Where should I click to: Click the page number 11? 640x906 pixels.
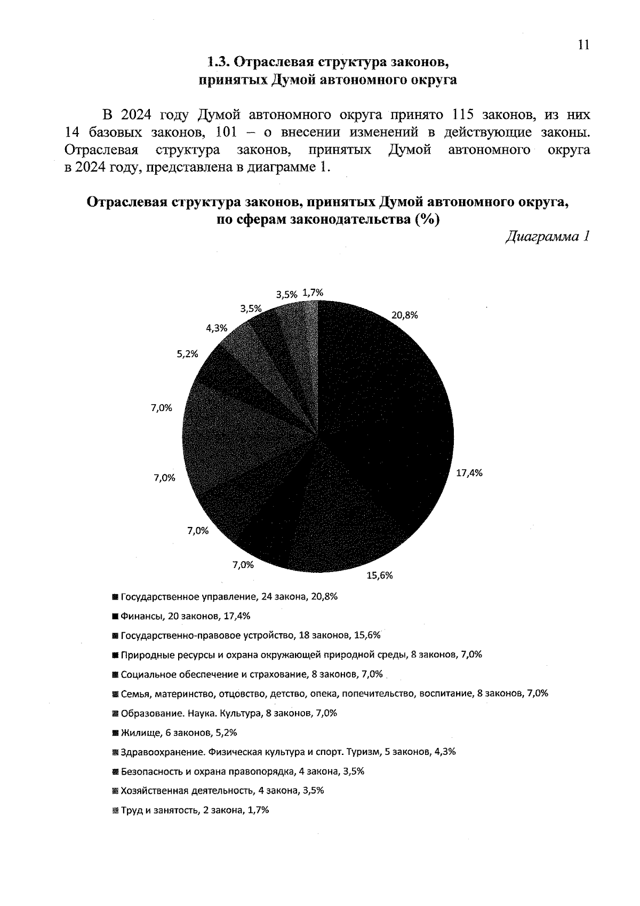point(583,45)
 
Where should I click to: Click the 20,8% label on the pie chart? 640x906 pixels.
point(405,316)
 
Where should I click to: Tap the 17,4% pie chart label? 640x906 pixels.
point(469,472)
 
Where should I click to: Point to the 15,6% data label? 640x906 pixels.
point(379,575)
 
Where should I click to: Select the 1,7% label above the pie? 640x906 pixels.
point(313,293)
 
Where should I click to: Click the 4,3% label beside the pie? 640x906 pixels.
point(217,328)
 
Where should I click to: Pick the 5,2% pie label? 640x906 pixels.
point(188,353)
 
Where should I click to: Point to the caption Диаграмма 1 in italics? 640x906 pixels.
point(546,237)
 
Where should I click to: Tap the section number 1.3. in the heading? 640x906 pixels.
point(219,63)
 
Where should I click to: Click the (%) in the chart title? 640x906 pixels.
point(425,219)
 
